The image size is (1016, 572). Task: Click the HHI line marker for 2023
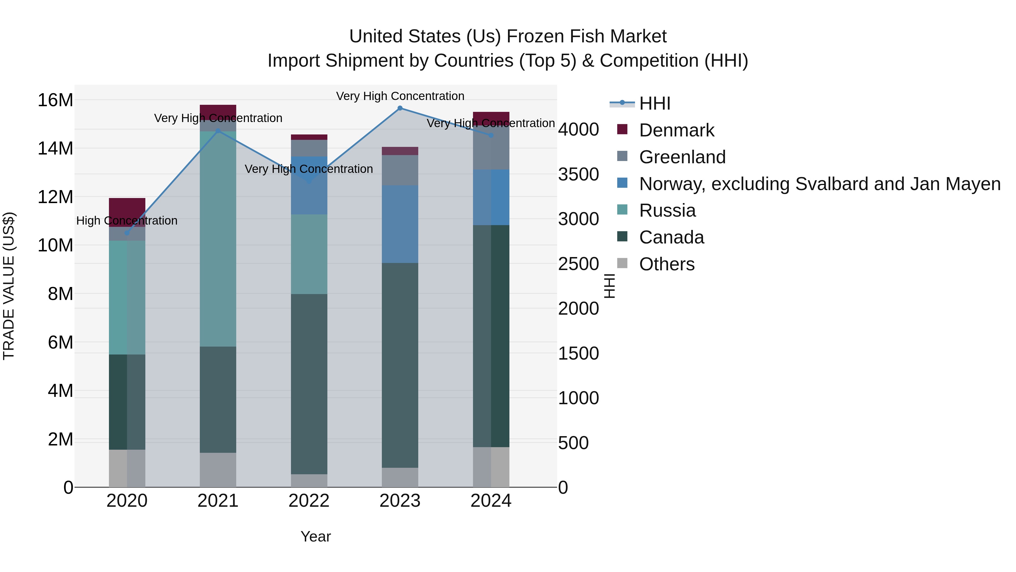[400, 108]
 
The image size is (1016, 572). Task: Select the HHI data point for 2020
[127, 233]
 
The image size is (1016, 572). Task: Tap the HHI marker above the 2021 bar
[218, 131]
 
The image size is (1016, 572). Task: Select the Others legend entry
[667, 264]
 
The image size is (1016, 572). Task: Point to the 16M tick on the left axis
[55, 100]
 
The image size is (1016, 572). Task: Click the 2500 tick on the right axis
[578, 264]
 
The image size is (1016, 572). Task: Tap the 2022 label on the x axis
[309, 501]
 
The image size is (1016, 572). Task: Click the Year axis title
[316, 536]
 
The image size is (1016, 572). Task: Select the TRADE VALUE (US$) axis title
[9, 286]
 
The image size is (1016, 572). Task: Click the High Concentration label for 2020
[127, 221]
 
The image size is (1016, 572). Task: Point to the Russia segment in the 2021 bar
[218, 239]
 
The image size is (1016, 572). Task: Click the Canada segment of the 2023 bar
[400, 365]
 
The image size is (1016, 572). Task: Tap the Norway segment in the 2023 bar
[400, 224]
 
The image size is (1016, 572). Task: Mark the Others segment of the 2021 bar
[218, 470]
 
